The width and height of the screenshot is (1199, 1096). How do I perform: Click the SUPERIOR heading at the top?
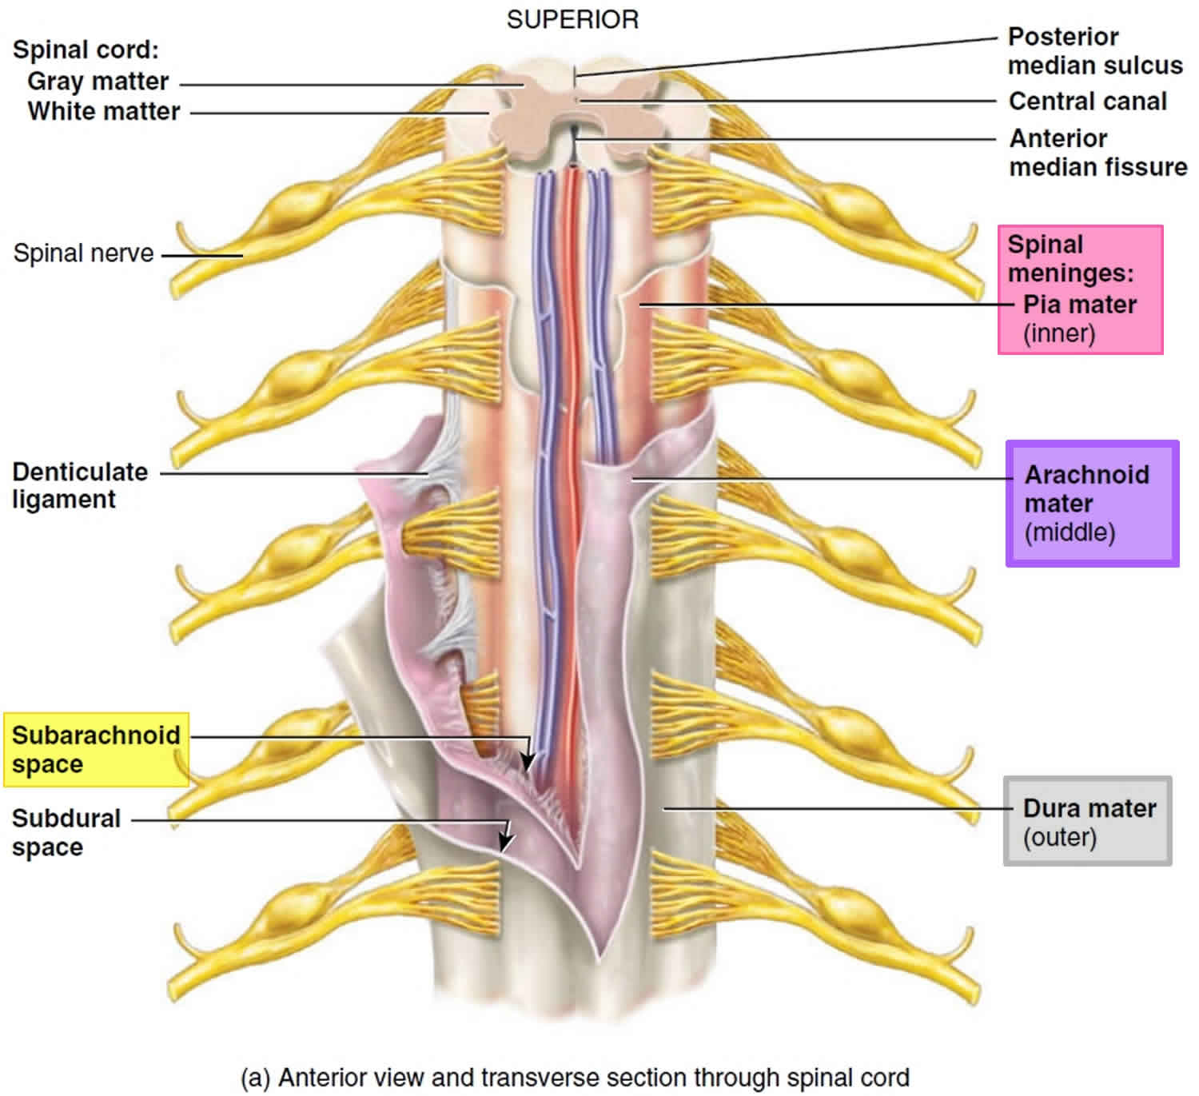tap(572, 19)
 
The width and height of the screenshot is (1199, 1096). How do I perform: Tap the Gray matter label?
tap(98, 82)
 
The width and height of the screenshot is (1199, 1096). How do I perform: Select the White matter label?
tap(104, 111)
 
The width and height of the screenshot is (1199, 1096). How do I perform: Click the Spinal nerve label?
tap(83, 253)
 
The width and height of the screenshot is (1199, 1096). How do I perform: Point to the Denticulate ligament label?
tap(79, 485)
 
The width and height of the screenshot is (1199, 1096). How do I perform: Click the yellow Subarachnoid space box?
tap(96, 749)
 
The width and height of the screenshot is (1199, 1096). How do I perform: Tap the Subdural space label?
tap(66, 832)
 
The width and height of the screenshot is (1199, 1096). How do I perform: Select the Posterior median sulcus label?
tap(1094, 51)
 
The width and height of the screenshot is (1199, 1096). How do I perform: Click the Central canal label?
tap(1087, 102)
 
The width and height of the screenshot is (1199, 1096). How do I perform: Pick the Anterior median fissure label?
tap(1097, 153)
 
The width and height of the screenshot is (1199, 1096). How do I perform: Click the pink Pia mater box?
tap(1080, 289)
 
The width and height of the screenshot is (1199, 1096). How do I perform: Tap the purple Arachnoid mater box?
tap(1092, 504)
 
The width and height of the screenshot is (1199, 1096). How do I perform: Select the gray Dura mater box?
tap(1088, 821)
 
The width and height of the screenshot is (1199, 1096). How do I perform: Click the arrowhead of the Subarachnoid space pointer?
tap(526, 763)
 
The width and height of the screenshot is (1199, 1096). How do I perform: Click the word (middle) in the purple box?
tap(1070, 532)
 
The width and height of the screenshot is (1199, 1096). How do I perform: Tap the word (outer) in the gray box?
tap(1059, 838)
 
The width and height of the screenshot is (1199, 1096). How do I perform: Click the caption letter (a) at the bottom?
tap(256, 1078)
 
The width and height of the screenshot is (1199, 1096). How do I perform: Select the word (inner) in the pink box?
tap(1059, 333)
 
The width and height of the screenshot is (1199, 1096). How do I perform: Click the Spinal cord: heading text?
tap(86, 50)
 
